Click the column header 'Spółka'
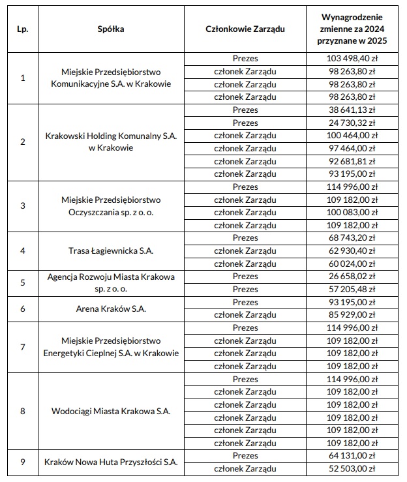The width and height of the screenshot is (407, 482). (111, 29)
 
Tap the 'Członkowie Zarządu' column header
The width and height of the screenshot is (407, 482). (245, 29)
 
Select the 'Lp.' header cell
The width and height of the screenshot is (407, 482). (23, 29)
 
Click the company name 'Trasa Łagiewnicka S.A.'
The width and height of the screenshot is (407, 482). (111, 251)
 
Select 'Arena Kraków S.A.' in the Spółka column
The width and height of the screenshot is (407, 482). (111, 309)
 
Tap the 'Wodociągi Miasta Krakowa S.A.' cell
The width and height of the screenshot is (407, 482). (111, 412)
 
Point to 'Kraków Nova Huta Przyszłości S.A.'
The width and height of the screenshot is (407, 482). (111, 462)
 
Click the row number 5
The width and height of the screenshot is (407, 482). (23, 283)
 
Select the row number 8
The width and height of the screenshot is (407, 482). (23, 412)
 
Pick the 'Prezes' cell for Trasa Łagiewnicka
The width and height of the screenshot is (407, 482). (245, 238)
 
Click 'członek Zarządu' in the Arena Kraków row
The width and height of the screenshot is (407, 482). (245, 315)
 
